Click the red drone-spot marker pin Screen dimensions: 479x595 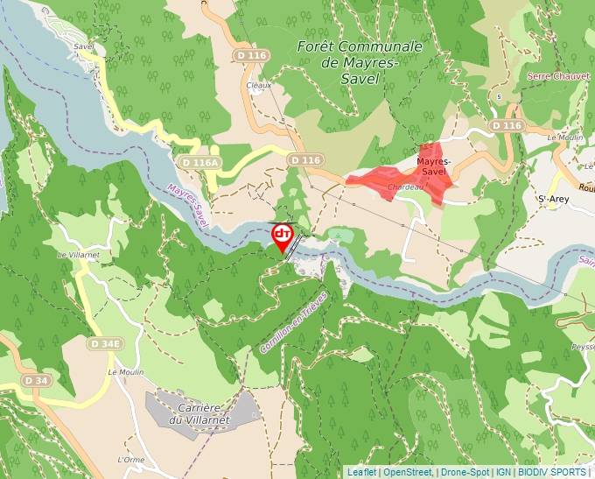(x=283, y=236)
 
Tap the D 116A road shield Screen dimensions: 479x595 (x=198, y=163)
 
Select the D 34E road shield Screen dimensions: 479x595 (x=105, y=344)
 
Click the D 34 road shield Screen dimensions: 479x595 (x=36, y=380)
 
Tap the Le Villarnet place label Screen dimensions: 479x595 (x=76, y=255)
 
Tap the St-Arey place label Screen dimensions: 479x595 (x=555, y=200)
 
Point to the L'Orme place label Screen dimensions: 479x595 (x=130, y=459)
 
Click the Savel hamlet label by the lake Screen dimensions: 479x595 (x=84, y=46)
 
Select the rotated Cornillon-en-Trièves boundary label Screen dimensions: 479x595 (x=293, y=322)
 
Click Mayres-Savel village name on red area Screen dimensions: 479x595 (x=433, y=166)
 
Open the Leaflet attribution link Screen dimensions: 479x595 (x=361, y=472)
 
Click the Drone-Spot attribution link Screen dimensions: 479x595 (x=465, y=472)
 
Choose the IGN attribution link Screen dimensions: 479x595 (x=504, y=472)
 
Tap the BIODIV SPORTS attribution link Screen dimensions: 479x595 (x=552, y=472)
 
